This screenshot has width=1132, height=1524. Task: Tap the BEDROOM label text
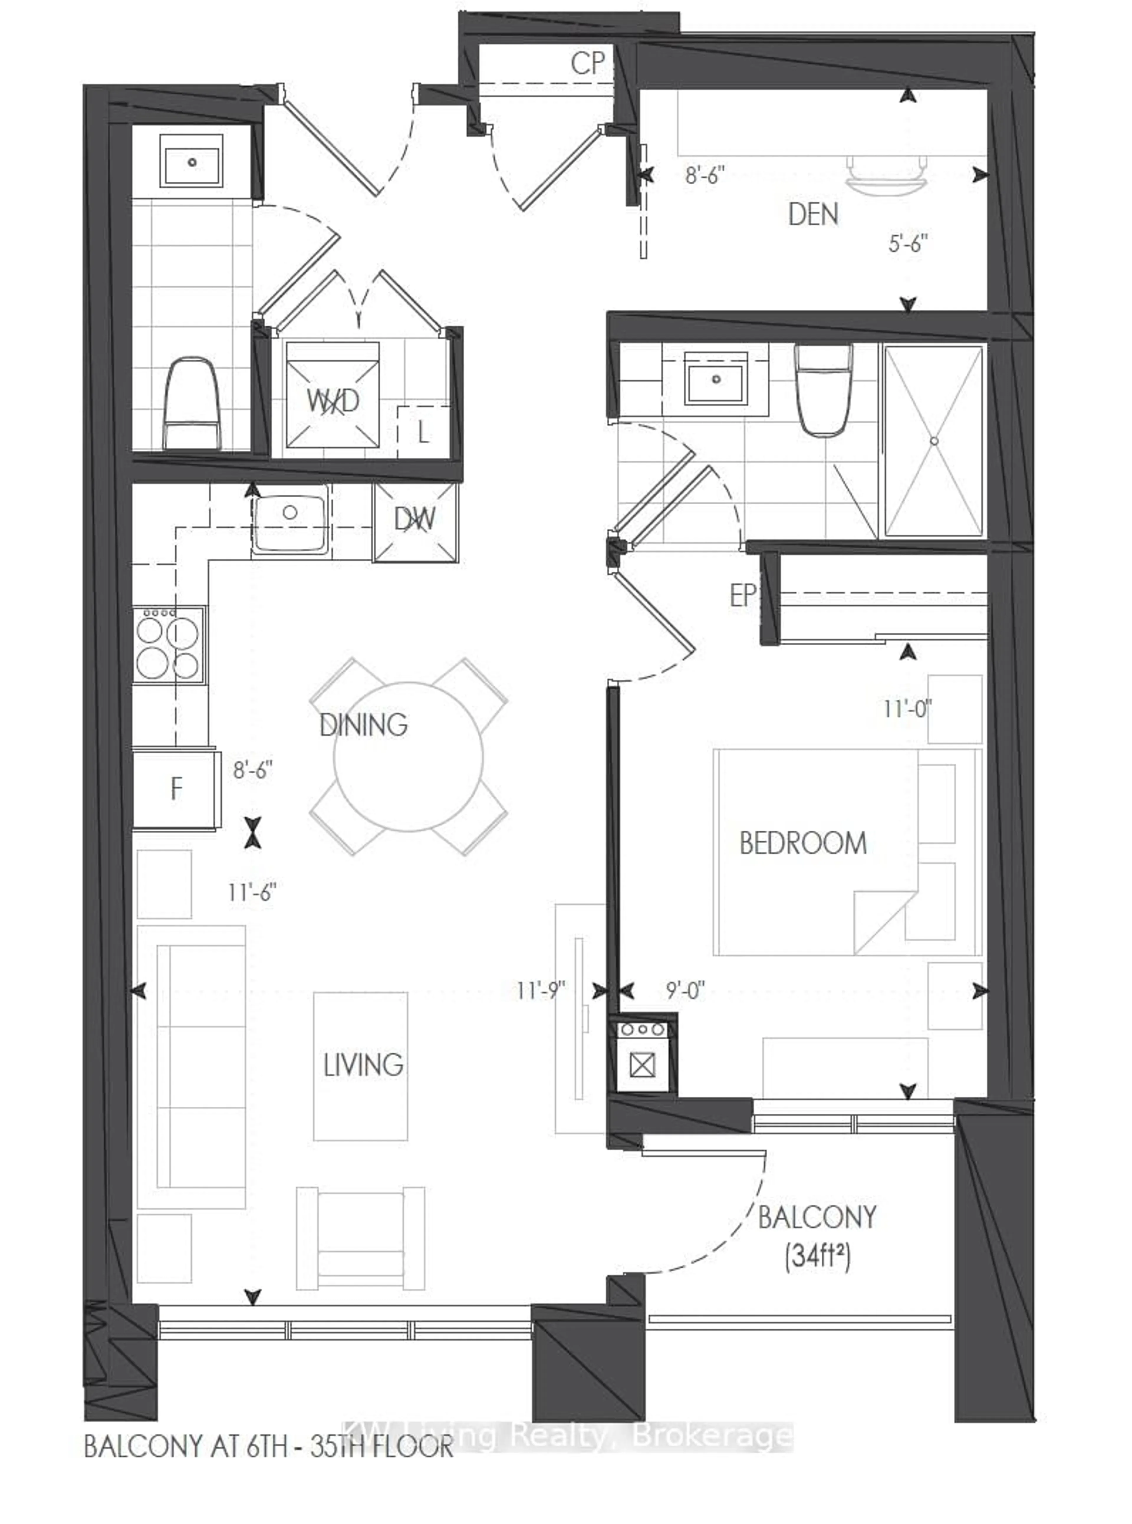click(802, 843)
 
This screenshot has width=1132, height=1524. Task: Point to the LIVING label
click(363, 1065)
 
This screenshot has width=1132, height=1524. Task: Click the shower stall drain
click(933, 441)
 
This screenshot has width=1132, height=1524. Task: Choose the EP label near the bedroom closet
click(742, 595)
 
